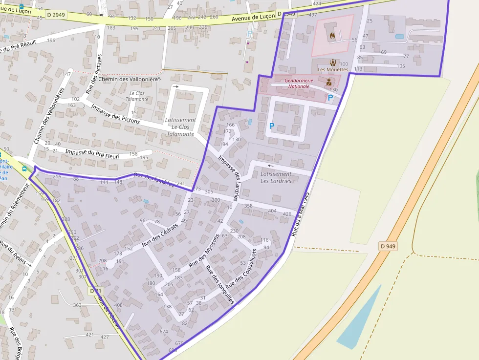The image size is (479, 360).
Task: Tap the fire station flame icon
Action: click(332, 35)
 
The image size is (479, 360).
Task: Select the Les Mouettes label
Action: click(333, 69)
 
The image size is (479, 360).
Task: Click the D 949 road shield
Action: click(388, 246)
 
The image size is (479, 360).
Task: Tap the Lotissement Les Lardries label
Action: click(276, 177)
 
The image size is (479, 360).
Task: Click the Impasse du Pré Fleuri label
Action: click(96, 152)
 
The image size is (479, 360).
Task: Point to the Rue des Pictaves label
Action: click(95, 73)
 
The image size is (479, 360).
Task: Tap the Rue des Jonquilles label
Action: click(220, 285)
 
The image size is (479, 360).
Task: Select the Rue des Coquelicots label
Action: click(241, 268)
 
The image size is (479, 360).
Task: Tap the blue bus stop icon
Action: click(24, 169)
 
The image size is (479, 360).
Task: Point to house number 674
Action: click(163, 332)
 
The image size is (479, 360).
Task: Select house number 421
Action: click(89, 335)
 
